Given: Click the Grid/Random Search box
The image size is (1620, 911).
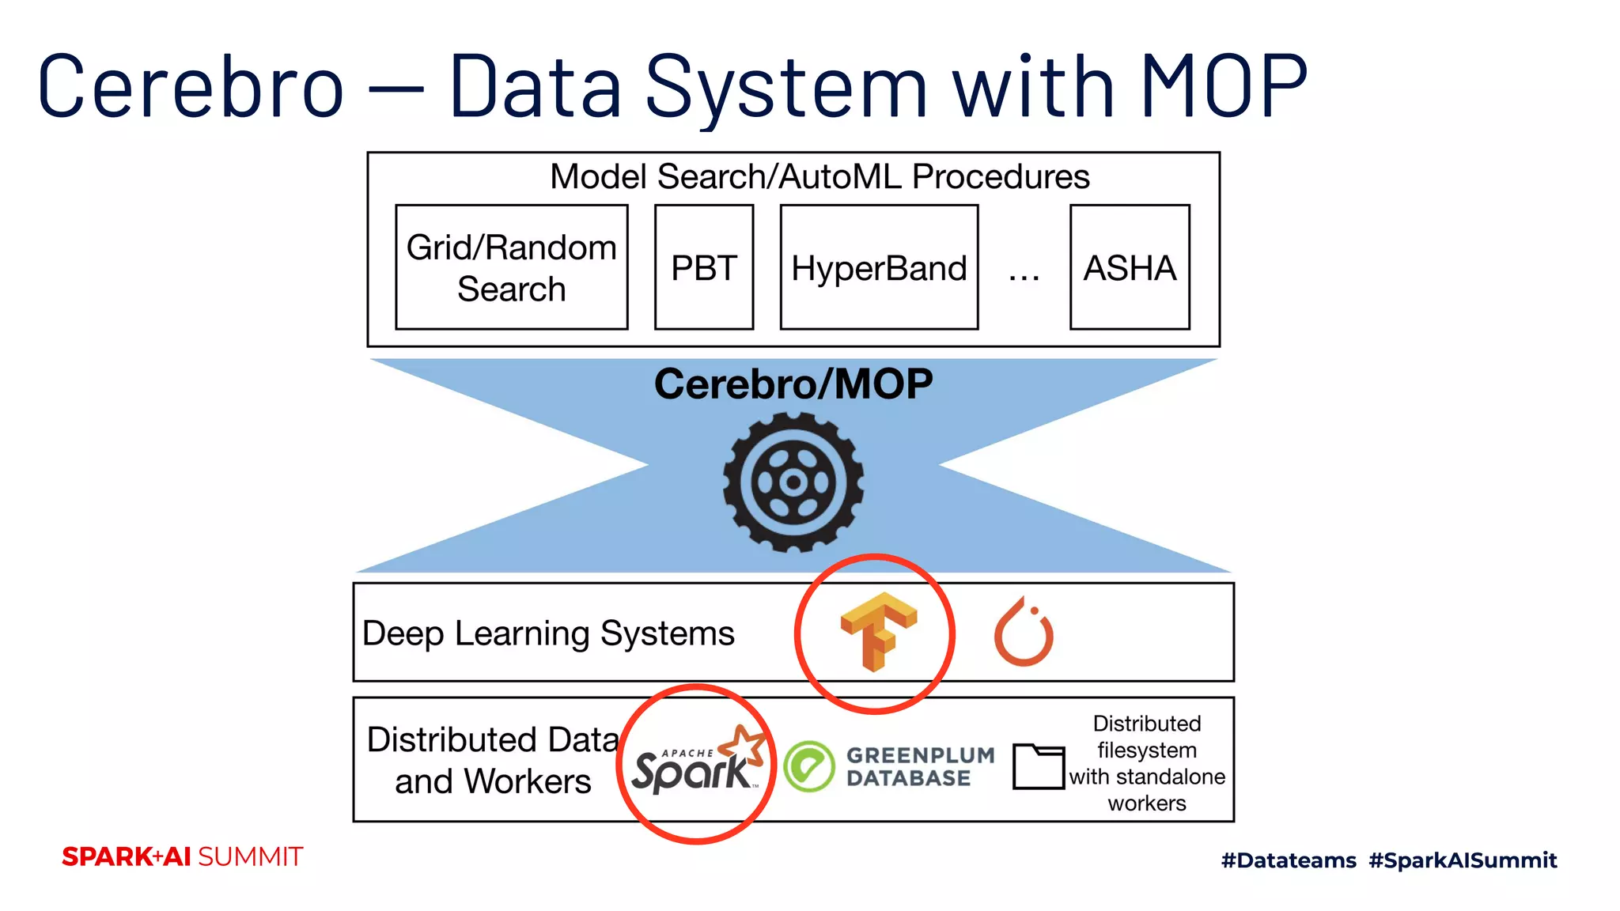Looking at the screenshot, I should (511, 267).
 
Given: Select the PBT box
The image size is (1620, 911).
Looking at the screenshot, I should (703, 267).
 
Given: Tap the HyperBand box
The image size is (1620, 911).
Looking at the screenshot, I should (879, 267).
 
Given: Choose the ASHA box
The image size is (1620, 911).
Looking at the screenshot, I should (1129, 267).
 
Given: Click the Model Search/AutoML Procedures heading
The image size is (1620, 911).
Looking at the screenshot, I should (819, 176).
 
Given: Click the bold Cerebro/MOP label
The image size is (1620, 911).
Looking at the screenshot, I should (793, 384).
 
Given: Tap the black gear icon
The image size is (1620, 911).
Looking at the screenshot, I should (793, 482).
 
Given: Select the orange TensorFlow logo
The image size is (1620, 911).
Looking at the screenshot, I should (877, 631).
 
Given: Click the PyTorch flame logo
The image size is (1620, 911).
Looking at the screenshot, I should (1024, 633).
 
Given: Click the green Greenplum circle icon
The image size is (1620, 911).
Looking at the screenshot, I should (808, 766).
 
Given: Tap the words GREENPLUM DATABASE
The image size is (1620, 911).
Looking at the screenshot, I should (919, 766).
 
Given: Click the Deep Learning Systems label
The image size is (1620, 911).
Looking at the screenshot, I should (548, 633).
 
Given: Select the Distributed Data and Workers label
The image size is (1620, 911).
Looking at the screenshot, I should (492, 760).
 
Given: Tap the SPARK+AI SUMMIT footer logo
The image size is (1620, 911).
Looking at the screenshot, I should (182, 856).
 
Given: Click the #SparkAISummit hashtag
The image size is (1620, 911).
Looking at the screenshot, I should (1463, 860).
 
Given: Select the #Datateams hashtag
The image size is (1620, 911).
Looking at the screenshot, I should (1288, 860).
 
